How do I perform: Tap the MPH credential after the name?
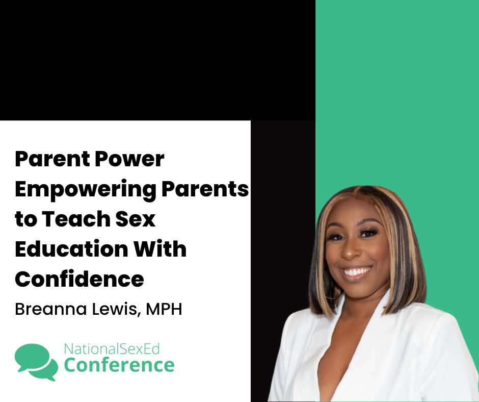click(164, 309)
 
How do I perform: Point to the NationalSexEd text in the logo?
click(112, 349)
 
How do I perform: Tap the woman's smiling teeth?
click(356, 270)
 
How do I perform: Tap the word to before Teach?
click(25, 219)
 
